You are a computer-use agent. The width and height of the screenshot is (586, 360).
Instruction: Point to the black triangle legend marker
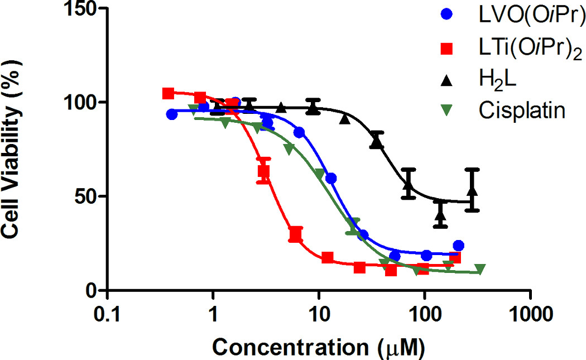(x=446, y=81)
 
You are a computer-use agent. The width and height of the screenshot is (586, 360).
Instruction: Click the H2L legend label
(x=497, y=81)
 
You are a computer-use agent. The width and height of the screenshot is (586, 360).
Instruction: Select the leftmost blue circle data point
(x=172, y=114)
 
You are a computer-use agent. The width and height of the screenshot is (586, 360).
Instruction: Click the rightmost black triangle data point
(x=473, y=190)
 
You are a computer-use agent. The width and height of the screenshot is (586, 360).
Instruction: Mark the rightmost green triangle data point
(x=479, y=270)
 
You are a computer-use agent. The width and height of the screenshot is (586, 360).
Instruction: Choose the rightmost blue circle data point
(x=459, y=246)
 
